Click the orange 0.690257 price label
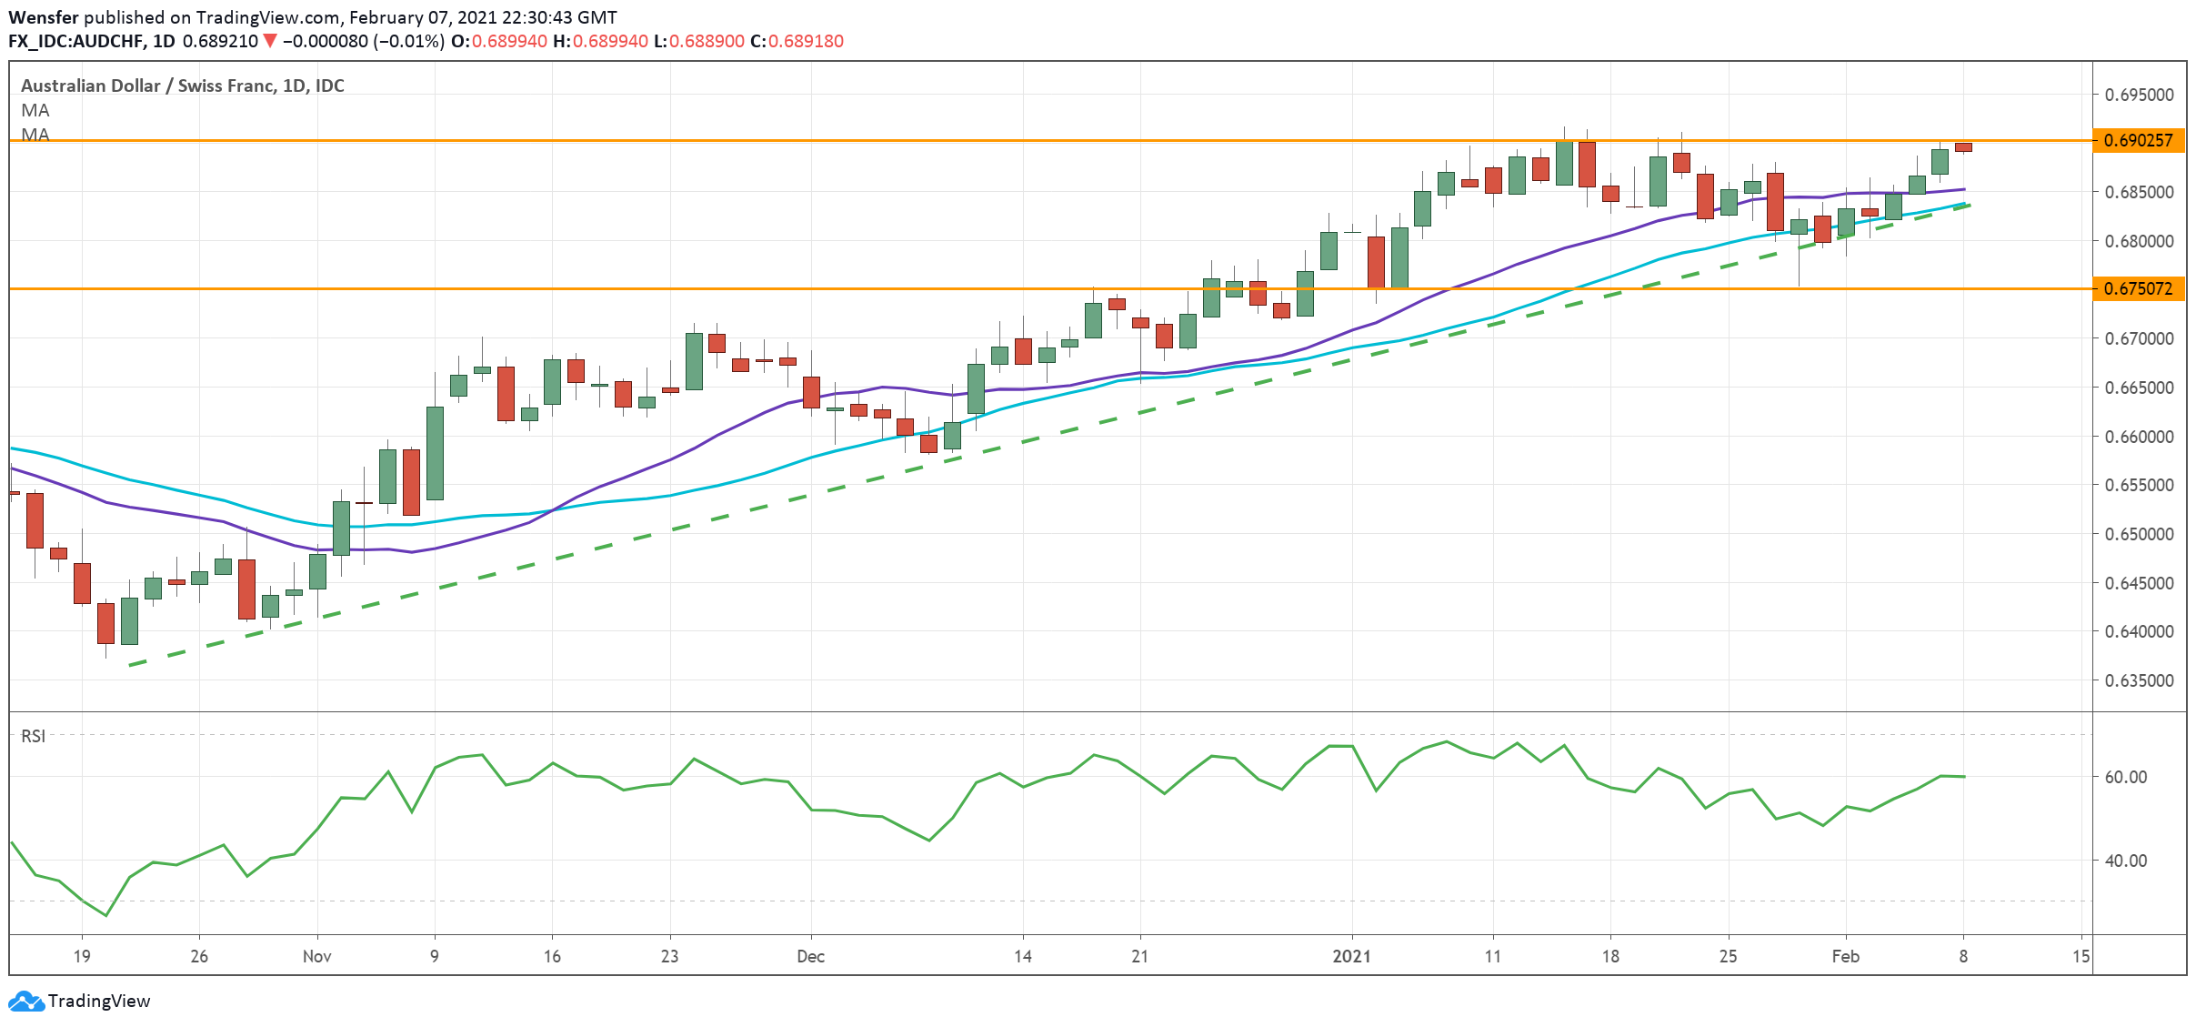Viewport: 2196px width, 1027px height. pyautogui.click(x=2138, y=140)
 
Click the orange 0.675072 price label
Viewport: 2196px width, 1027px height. pyautogui.click(x=2138, y=288)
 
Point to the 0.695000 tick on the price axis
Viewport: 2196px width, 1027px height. pyautogui.click(x=2139, y=95)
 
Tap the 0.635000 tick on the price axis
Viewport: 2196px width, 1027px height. pyautogui.click(x=2139, y=680)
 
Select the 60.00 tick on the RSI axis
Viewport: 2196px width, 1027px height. pyautogui.click(x=2126, y=777)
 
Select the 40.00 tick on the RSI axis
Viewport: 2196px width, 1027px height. pyautogui.click(x=2126, y=861)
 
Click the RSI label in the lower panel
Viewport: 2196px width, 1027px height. pyautogui.click(x=33, y=736)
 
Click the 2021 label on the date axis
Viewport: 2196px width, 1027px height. pyautogui.click(x=1351, y=956)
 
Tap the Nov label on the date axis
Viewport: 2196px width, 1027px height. pyautogui.click(x=316, y=956)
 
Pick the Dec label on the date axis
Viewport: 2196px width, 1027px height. pyautogui.click(x=810, y=956)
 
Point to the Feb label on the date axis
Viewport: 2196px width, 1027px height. pyautogui.click(x=1845, y=956)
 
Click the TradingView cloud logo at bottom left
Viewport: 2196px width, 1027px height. pyautogui.click(x=25, y=1001)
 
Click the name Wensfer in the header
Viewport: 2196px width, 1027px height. pyautogui.click(x=43, y=17)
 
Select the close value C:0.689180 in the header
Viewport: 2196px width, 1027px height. pyautogui.click(x=797, y=41)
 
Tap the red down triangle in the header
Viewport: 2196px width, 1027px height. pyautogui.click(x=269, y=41)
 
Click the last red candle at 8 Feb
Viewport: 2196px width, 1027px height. pyautogui.click(x=1963, y=147)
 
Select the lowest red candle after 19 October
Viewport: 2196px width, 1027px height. pyautogui.click(x=106, y=623)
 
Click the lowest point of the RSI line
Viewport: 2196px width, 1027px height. pyautogui.click(x=106, y=915)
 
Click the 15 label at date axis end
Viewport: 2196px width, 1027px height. pyautogui.click(x=2081, y=956)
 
